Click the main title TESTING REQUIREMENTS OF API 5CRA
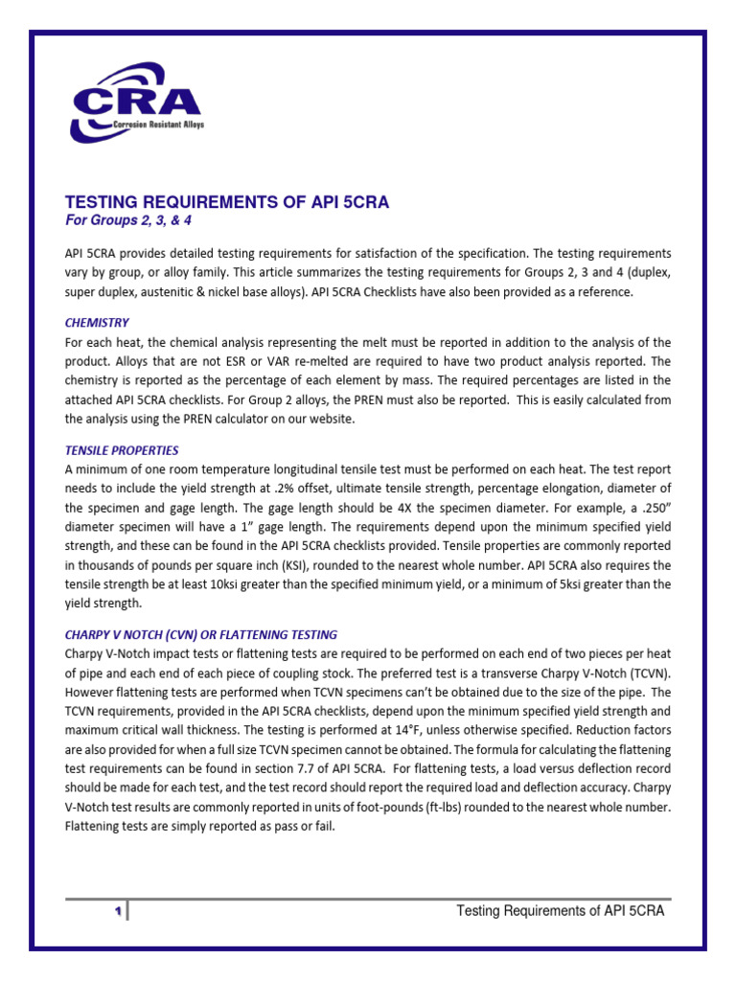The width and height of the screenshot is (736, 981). [x=226, y=202]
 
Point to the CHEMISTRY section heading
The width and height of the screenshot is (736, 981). [x=97, y=323]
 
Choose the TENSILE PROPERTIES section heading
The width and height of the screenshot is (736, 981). [x=122, y=450]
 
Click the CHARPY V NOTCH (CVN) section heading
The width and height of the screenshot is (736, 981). [x=200, y=635]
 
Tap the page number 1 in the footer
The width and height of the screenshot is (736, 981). [x=116, y=911]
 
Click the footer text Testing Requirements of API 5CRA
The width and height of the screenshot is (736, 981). [x=560, y=910]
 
